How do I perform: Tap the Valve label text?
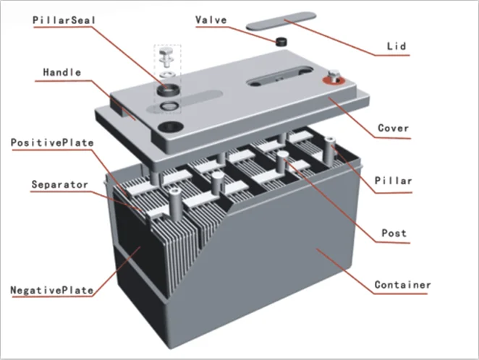212,20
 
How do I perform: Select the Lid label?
395,46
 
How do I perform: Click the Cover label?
393,129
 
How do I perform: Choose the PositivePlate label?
52,142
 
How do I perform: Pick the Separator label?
59,184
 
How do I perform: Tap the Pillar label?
393,180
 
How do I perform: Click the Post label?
394,233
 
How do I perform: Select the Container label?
402,285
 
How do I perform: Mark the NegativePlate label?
52,291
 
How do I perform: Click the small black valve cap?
279,41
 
